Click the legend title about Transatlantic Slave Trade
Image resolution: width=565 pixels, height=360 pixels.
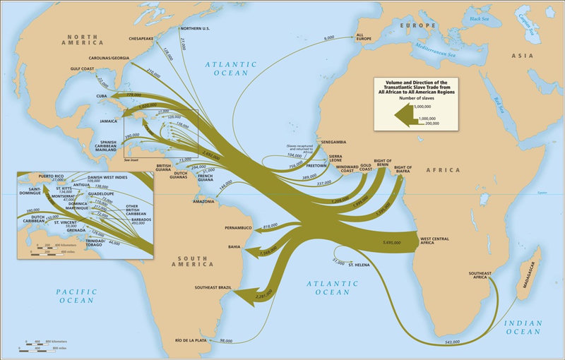416,88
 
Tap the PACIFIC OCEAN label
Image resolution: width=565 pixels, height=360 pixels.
76,295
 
